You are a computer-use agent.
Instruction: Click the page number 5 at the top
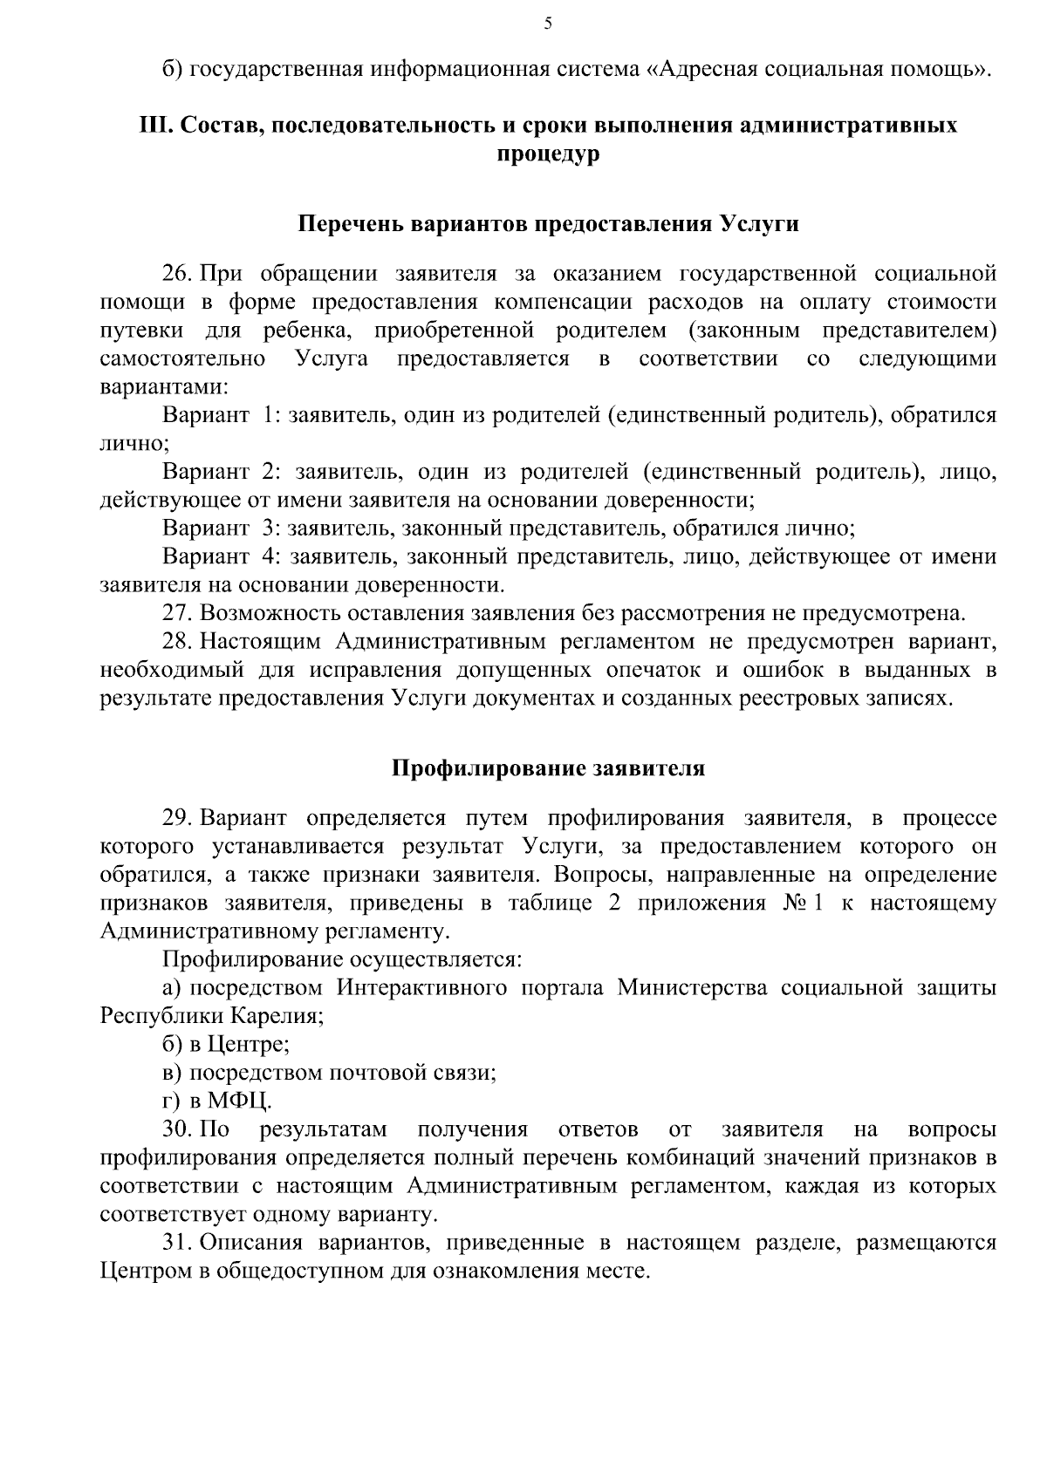(x=548, y=24)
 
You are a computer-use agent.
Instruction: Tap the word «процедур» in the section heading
(x=548, y=155)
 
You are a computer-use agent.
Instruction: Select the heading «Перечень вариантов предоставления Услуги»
(x=549, y=224)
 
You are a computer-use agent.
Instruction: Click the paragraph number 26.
(x=177, y=274)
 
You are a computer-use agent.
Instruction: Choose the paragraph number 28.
(x=177, y=642)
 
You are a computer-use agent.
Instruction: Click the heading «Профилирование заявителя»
(x=548, y=768)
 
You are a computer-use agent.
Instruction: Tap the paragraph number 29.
(x=177, y=818)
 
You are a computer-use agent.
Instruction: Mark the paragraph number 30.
(x=177, y=1129)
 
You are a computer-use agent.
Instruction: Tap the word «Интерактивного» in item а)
(x=422, y=988)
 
